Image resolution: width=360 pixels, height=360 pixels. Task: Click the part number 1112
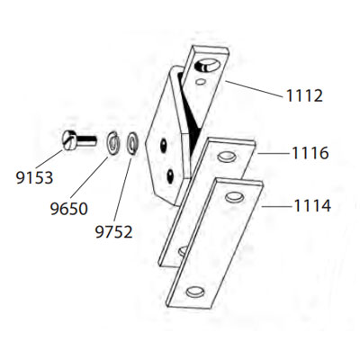tap(304, 96)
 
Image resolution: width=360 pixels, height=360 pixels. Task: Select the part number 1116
tap(310, 153)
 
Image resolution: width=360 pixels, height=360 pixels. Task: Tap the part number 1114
tap(312, 206)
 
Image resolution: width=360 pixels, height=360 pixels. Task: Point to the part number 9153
tap(34, 177)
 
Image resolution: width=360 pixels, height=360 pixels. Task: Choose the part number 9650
tap(68, 209)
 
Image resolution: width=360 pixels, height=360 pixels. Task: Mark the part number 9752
tap(113, 232)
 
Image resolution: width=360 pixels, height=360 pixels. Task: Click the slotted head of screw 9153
tap(70, 140)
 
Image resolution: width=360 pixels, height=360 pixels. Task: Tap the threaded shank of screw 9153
tap(87, 140)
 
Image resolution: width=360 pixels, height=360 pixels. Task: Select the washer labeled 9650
tap(113, 143)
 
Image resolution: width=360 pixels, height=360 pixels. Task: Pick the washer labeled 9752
tap(132, 143)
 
